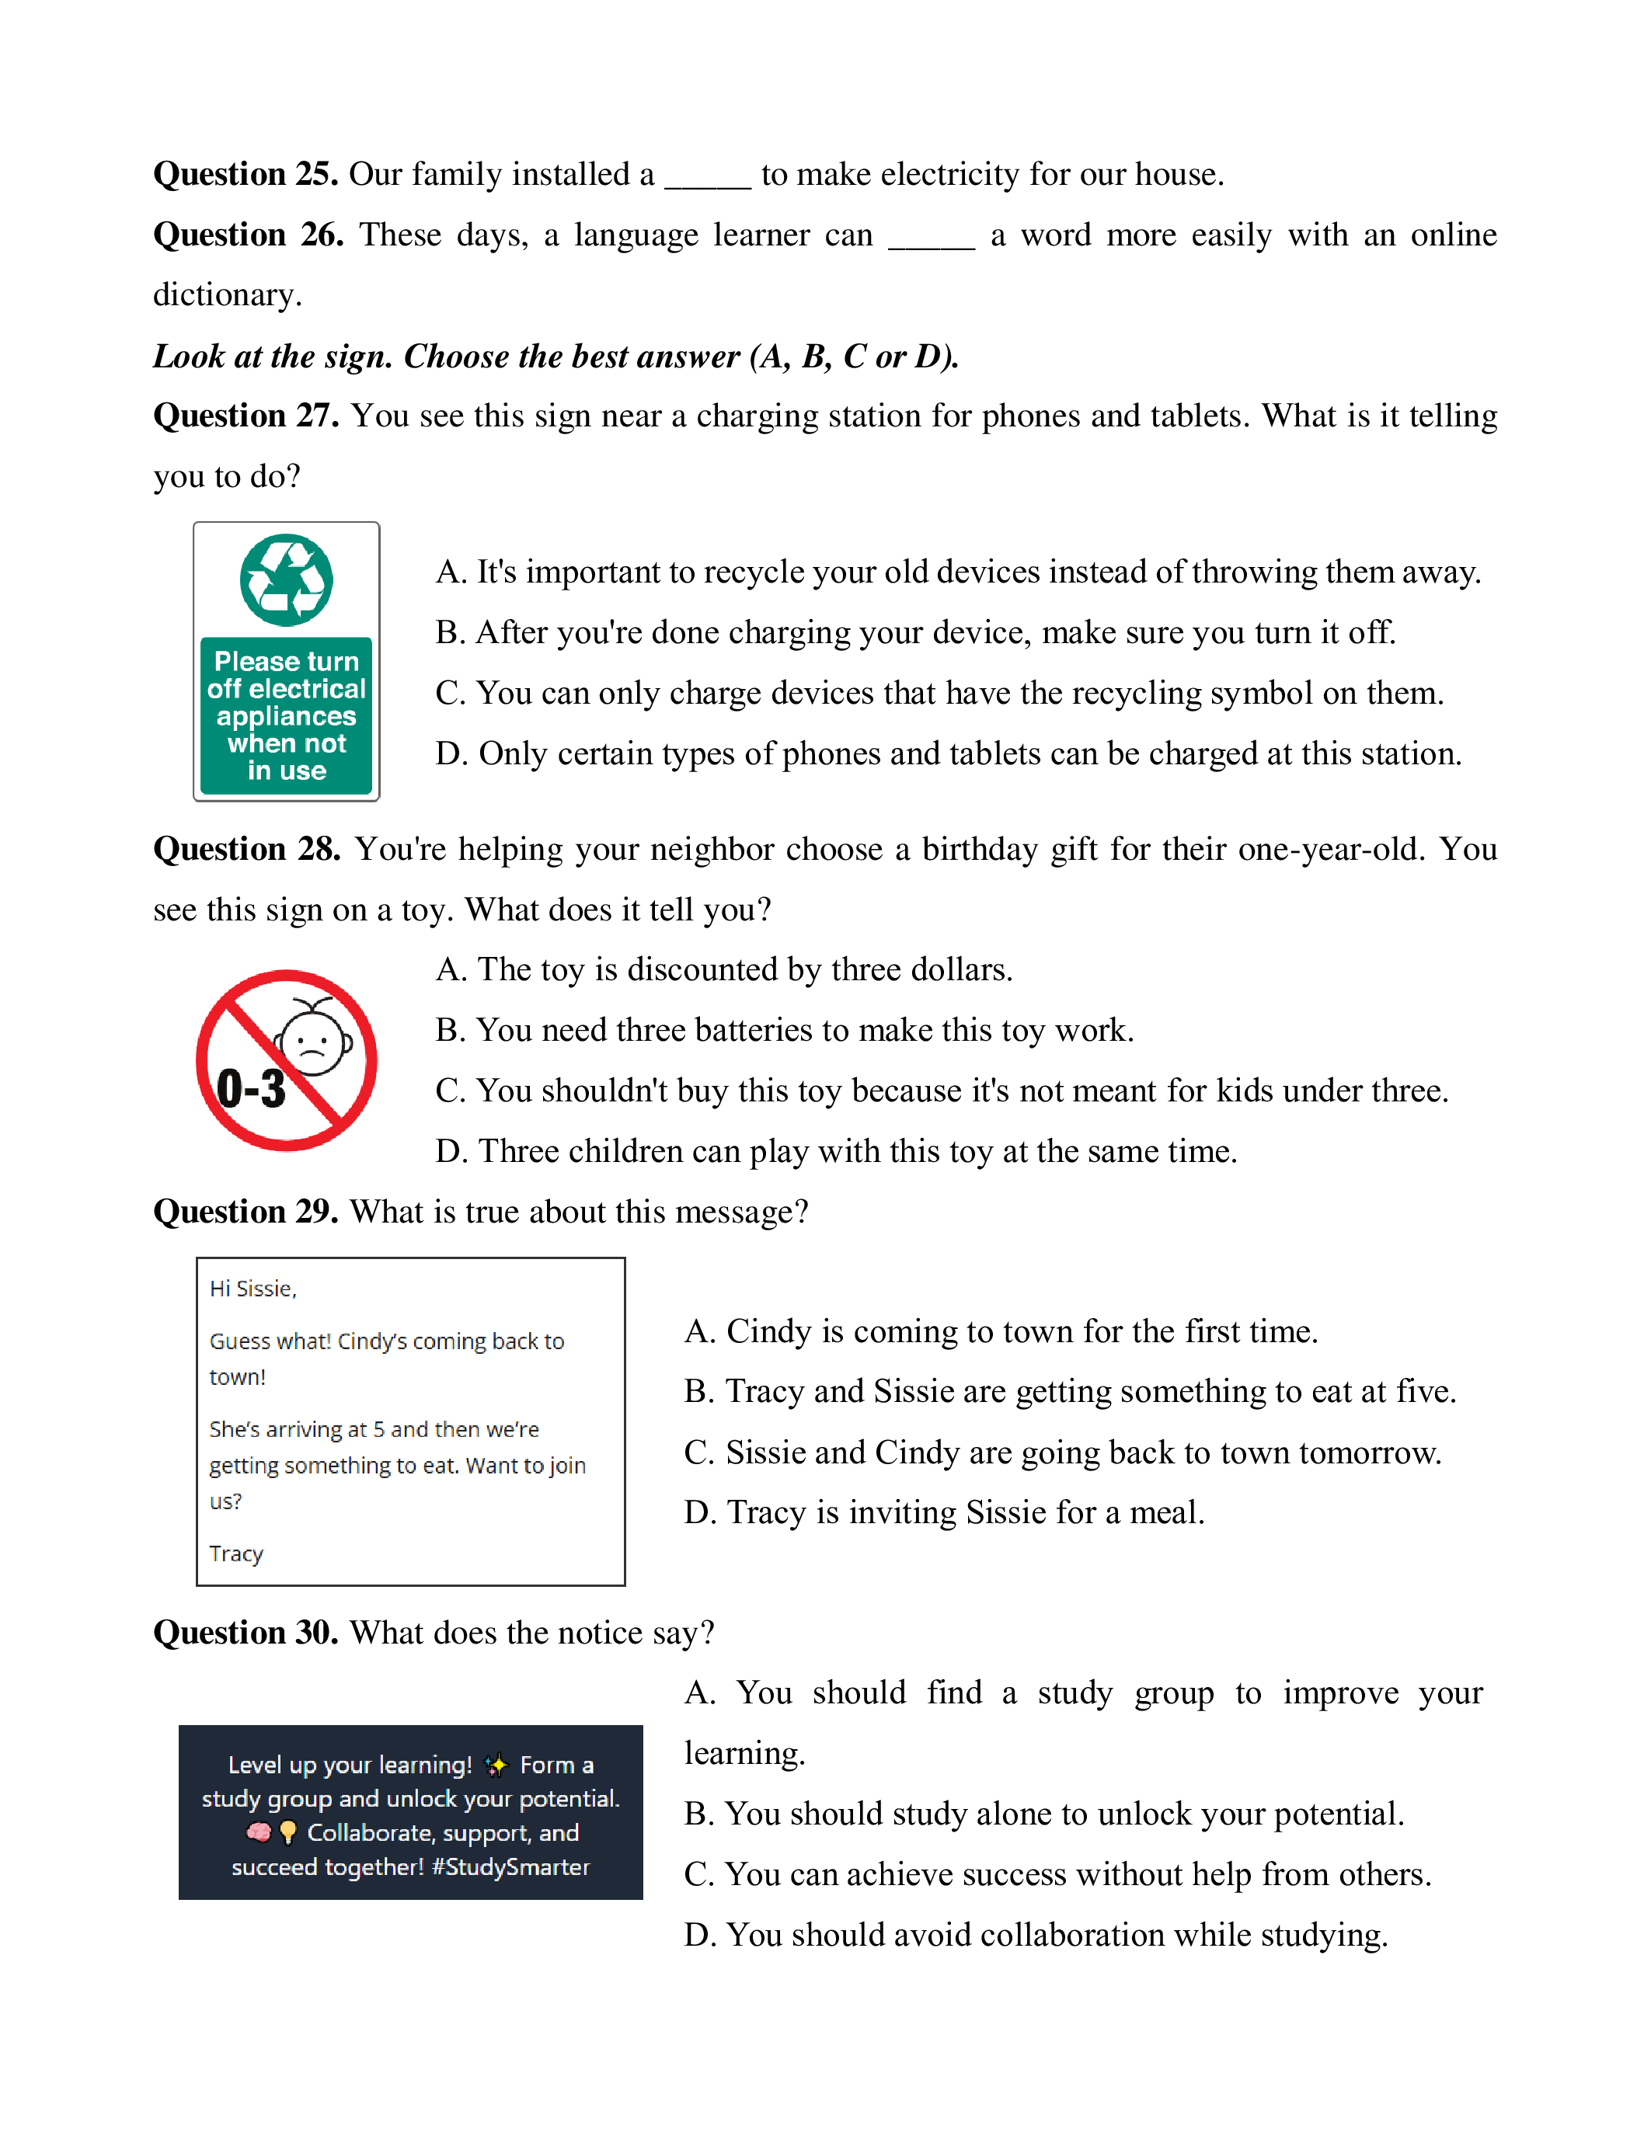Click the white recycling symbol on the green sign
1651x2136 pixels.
pyautogui.click(x=287, y=580)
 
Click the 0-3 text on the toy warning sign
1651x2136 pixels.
pyautogui.click(x=252, y=1088)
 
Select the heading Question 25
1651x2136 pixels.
pyautogui.click(x=246, y=174)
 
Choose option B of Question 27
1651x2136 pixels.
pyautogui.click(x=914, y=633)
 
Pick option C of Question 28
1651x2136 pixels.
pyautogui.click(x=941, y=1091)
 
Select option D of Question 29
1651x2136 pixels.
pyautogui.click(x=944, y=1512)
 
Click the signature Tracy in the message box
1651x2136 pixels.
pyautogui.click(x=235, y=1553)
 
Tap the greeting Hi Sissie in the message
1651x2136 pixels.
pyautogui.click(x=253, y=1289)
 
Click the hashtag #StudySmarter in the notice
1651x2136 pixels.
pyautogui.click(x=510, y=1867)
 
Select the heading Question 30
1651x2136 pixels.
pyautogui.click(x=246, y=1633)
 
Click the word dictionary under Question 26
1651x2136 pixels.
pyautogui.click(x=227, y=294)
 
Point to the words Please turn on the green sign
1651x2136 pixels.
pyautogui.click(x=287, y=661)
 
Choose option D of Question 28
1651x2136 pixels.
pyautogui.click(x=836, y=1151)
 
